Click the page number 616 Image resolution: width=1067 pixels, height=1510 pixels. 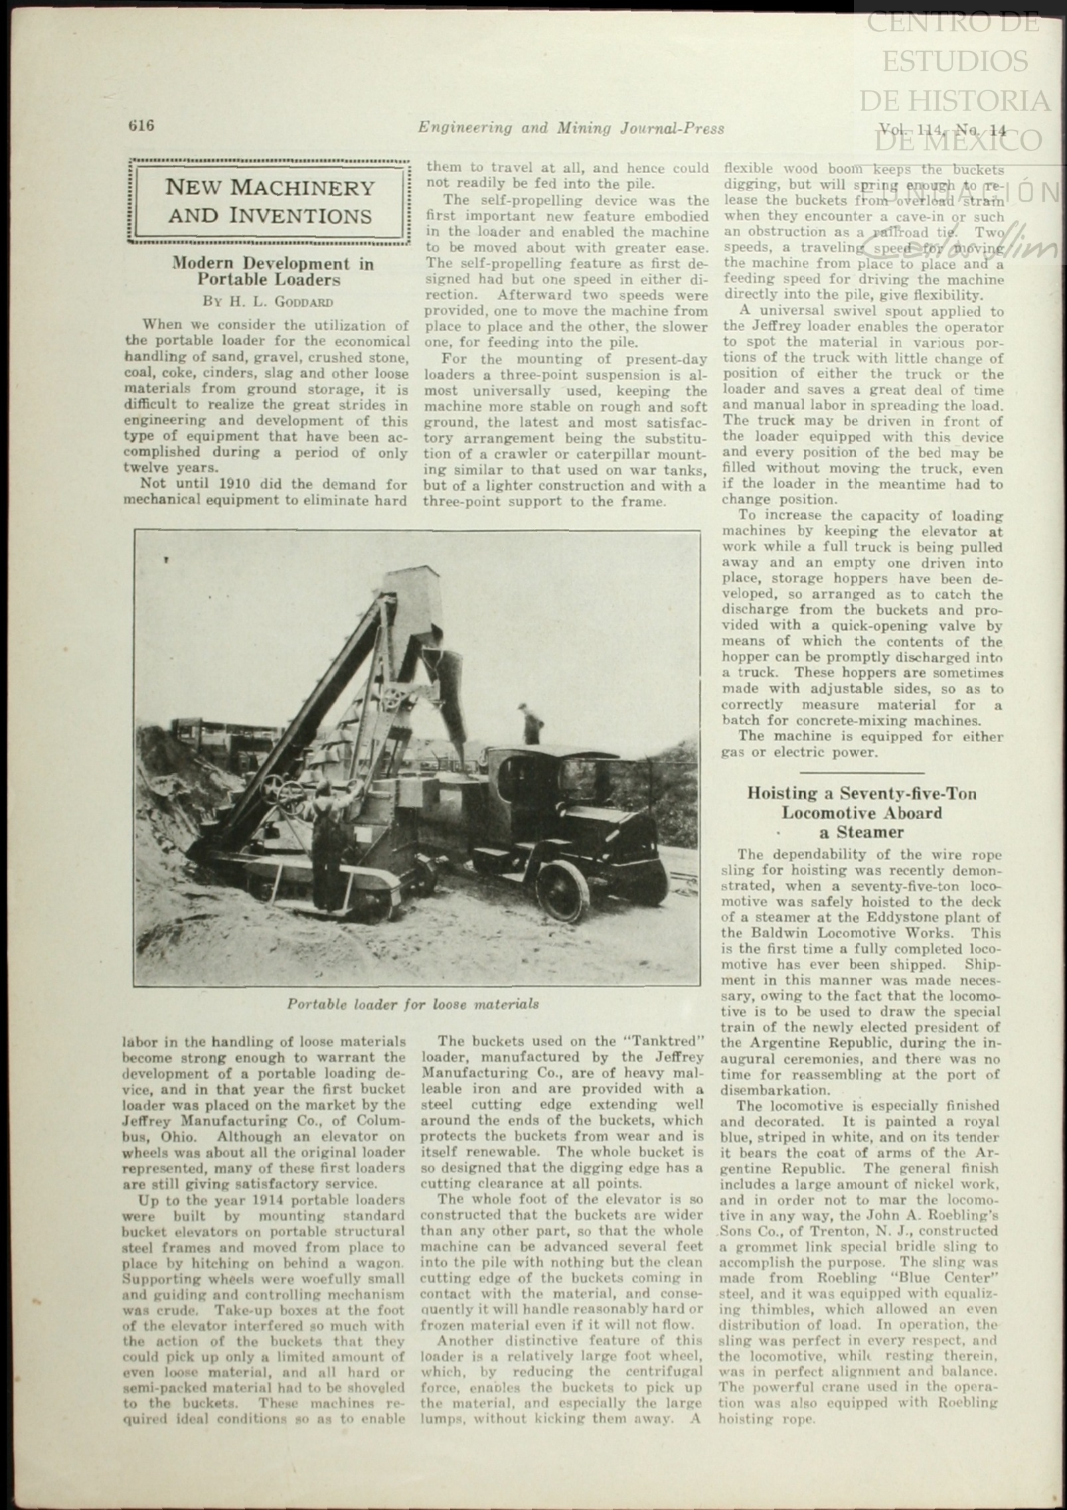click(141, 126)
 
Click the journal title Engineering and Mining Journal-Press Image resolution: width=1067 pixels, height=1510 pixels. click(571, 128)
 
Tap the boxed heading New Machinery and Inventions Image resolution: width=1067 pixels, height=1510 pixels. click(269, 201)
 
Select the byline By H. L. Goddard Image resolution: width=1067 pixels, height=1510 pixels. click(268, 301)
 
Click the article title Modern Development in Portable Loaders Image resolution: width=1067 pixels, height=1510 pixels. click(272, 271)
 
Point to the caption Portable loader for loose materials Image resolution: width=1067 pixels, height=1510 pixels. click(413, 1004)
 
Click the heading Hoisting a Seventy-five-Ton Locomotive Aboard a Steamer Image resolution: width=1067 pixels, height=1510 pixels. click(862, 812)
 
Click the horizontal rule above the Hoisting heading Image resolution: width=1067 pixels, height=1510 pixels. click(862, 773)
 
